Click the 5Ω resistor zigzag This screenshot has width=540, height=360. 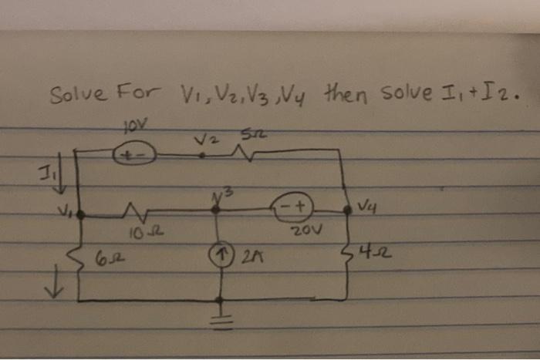258,154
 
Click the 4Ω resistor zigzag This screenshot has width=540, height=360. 344,252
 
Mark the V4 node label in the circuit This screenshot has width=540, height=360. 367,207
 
